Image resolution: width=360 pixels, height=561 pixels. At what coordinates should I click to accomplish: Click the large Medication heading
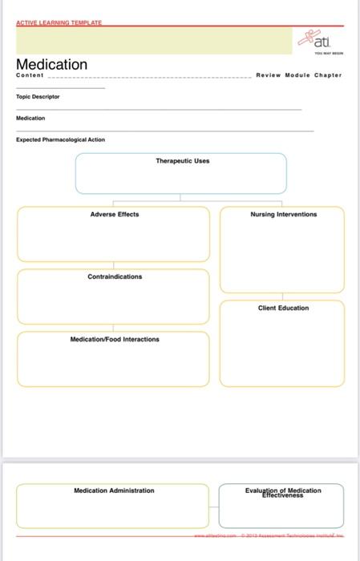pyautogui.click(x=52, y=64)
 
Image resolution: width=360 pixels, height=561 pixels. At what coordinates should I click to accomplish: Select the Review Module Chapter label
pyautogui.click(x=298, y=75)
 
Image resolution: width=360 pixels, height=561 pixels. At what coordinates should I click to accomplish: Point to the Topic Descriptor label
pyautogui.click(x=38, y=96)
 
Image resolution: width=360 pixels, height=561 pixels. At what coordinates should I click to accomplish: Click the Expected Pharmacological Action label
pyautogui.click(x=60, y=139)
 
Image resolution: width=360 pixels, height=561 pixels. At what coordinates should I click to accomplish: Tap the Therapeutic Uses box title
pyautogui.click(x=182, y=160)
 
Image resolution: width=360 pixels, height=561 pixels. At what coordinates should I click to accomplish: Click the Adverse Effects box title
pyautogui.click(x=114, y=214)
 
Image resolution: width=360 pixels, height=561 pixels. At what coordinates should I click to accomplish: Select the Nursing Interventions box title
pyautogui.click(x=283, y=214)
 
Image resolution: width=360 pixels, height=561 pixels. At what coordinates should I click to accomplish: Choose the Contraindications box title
pyautogui.click(x=115, y=276)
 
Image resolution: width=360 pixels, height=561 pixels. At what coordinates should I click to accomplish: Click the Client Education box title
pyautogui.click(x=283, y=308)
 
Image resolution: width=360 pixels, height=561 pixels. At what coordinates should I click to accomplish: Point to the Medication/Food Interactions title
pyautogui.click(x=115, y=339)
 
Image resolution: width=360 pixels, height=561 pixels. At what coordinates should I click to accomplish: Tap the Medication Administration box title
pyautogui.click(x=114, y=490)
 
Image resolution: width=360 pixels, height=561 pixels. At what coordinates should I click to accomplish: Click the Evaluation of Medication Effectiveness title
pyautogui.click(x=282, y=492)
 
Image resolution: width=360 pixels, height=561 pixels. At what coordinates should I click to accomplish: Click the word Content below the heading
pyautogui.click(x=30, y=75)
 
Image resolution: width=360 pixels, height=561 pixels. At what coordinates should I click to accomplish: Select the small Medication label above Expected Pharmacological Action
pyautogui.click(x=29, y=118)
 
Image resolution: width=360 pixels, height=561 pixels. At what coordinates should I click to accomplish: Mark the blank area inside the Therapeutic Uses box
pyautogui.click(x=181, y=179)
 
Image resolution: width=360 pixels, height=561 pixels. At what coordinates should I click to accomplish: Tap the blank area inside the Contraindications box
pyautogui.click(x=114, y=301)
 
